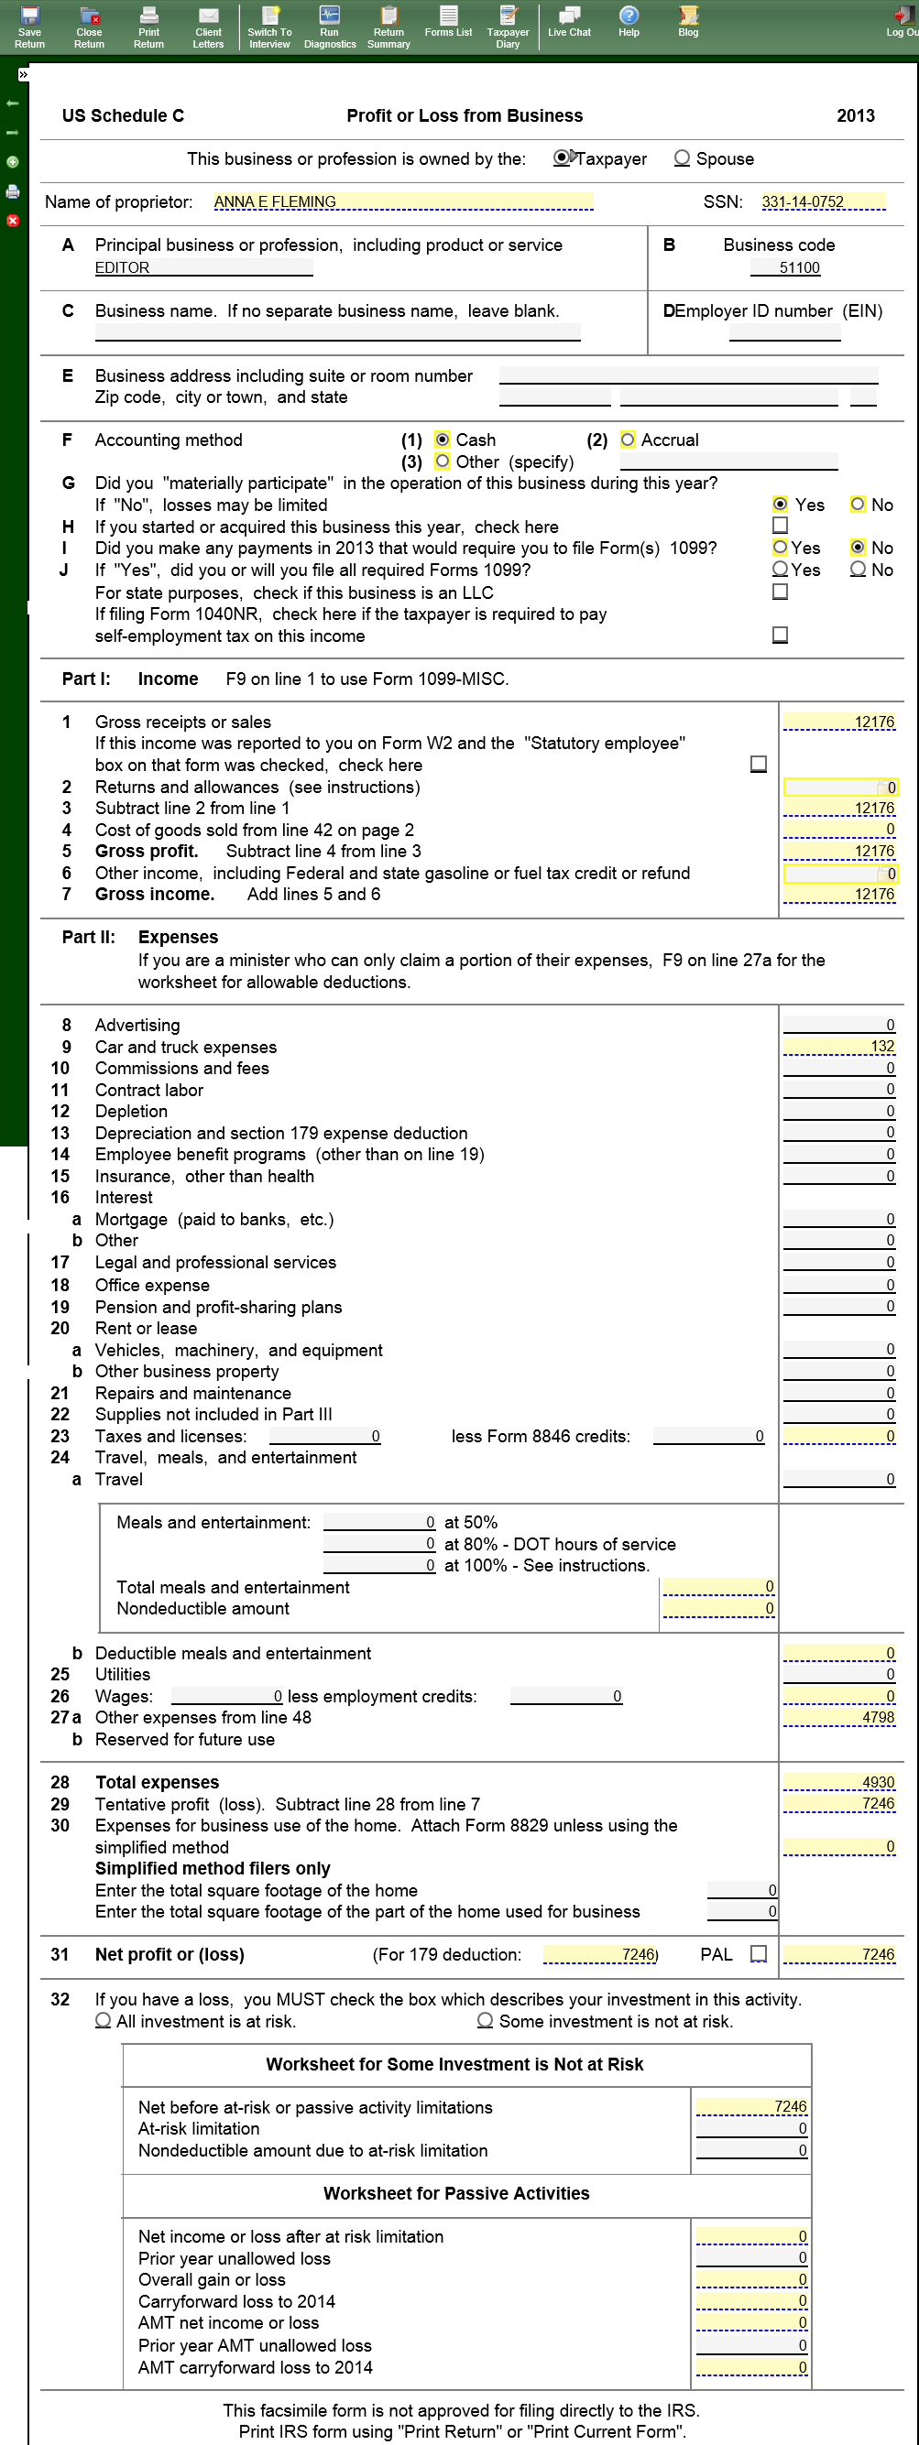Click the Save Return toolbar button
29,27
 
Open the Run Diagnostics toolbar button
330,27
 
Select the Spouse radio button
682,158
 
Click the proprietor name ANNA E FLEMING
275,202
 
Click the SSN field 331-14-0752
803,202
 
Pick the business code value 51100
798,268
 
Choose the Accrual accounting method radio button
628,440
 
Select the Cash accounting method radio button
443,440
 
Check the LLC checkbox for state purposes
781,592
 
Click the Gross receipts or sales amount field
838,723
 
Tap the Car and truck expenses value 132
838,1047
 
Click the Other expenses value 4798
838,1718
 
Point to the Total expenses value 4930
838,1784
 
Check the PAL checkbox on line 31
759,1954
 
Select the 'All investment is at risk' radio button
104,2022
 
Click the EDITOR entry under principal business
123,268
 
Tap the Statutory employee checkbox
759,764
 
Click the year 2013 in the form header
856,115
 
